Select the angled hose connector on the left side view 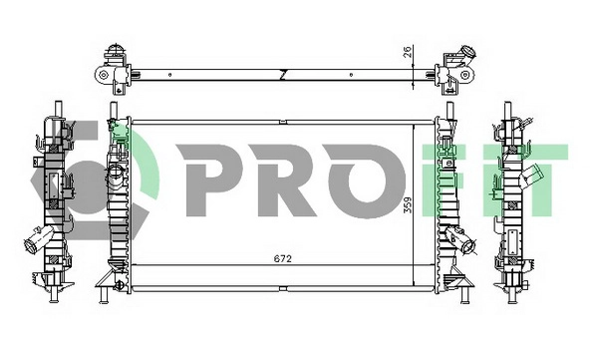[35, 242]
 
